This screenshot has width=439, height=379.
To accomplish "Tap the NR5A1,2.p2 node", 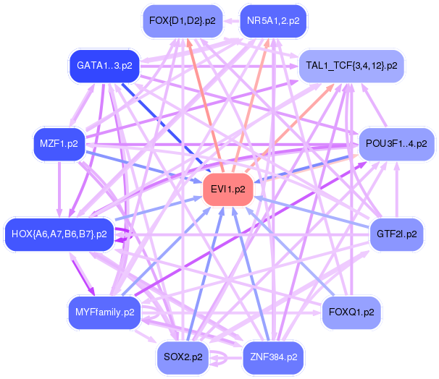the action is point(272,20).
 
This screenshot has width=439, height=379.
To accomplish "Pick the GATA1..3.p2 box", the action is point(104,66).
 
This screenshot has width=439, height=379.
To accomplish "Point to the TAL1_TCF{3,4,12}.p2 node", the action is point(351,66).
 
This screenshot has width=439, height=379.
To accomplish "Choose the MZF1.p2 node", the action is point(59,143).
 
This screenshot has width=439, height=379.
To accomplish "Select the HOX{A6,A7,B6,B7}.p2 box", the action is point(59,234).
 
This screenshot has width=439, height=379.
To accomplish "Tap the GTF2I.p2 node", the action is point(396,234).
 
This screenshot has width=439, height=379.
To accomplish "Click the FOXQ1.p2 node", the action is point(352,312).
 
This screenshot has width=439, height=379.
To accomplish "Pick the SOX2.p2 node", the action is point(183,357).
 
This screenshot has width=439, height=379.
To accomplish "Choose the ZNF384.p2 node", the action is point(273,357).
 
